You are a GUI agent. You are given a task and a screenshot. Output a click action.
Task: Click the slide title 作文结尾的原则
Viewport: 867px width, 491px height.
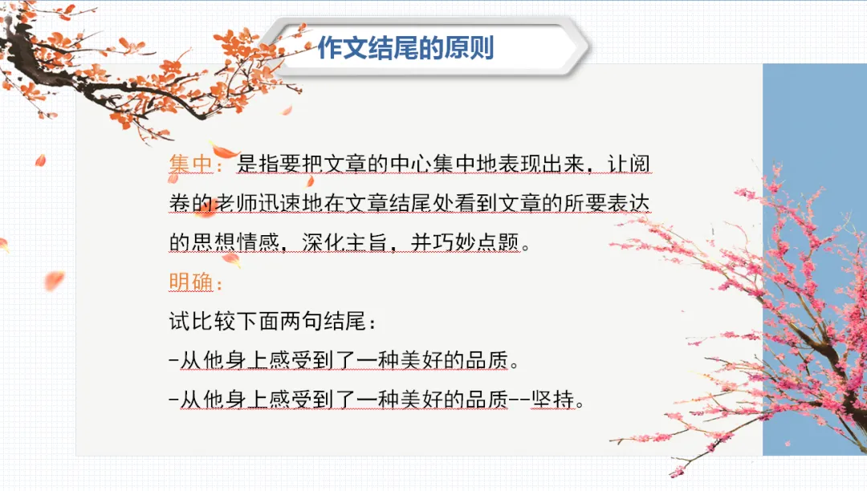pos(405,48)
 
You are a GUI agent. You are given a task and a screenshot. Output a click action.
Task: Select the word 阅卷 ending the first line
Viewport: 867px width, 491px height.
pos(633,164)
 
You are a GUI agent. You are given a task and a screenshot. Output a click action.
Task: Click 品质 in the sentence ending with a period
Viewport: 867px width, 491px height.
pos(487,360)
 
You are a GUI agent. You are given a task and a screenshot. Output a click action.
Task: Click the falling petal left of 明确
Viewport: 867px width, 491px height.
pos(54,280)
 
